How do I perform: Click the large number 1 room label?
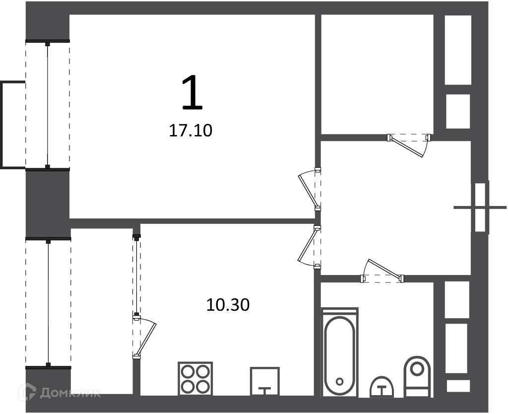click(x=192, y=92)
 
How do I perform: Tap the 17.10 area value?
click(x=190, y=131)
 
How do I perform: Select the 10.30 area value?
click(x=228, y=305)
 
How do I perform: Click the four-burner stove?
click(x=195, y=378)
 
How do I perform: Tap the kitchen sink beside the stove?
click(x=265, y=381)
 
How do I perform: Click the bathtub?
click(x=339, y=353)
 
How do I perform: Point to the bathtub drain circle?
click(x=339, y=381)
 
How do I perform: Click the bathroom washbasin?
click(x=382, y=387)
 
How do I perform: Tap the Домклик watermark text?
click(x=70, y=393)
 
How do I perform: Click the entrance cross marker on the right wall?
click(x=480, y=207)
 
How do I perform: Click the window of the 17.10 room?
click(x=48, y=105)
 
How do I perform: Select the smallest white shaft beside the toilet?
click(x=458, y=386)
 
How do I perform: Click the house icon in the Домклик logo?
click(x=28, y=391)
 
